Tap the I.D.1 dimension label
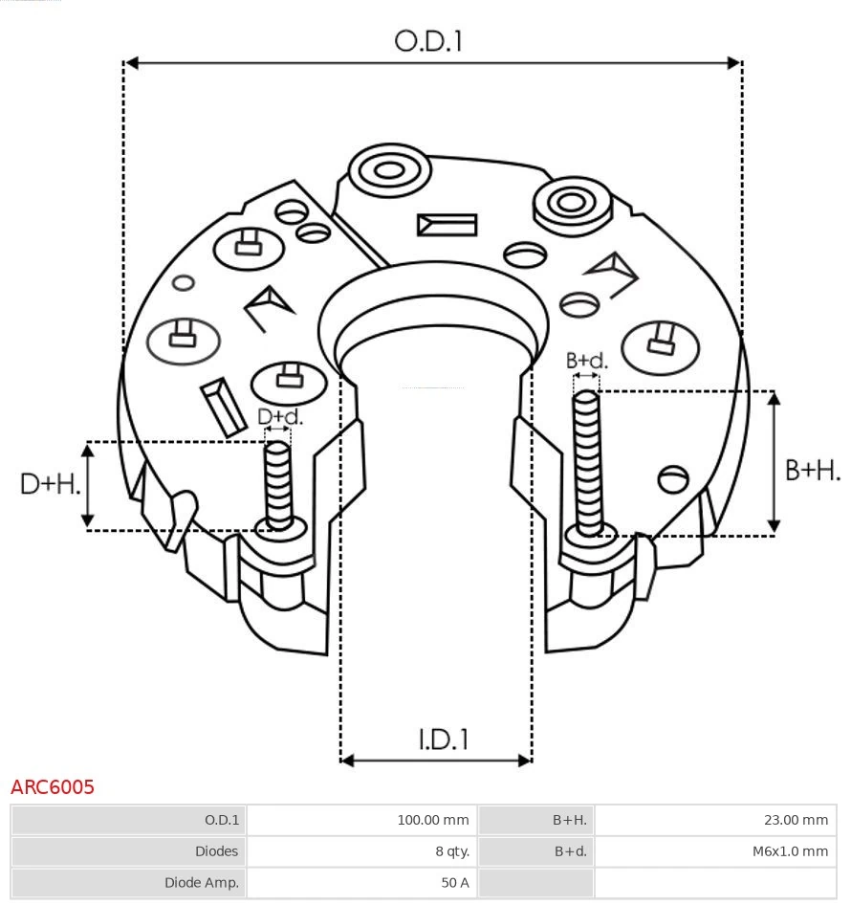click(x=443, y=739)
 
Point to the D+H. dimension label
click(x=50, y=484)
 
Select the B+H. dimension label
click(x=813, y=470)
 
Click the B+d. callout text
click(x=586, y=361)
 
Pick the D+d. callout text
click(x=280, y=417)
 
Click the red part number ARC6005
click(x=53, y=787)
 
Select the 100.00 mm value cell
click(x=360, y=820)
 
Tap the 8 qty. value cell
click(x=360, y=850)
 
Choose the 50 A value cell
click(x=360, y=882)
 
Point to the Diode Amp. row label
click(x=128, y=882)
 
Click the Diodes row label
click(x=128, y=850)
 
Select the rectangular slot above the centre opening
click(x=447, y=225)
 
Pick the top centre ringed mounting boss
click(x=388, y=172)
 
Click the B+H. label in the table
click(x=535, y=820)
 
